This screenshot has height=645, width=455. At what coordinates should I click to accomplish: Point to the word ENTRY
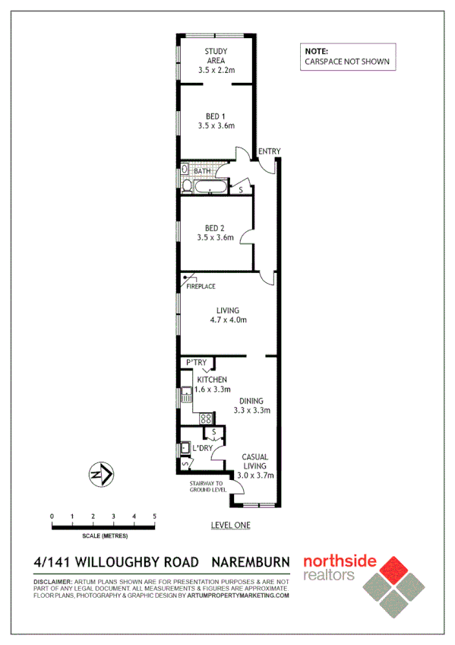coord(269,152)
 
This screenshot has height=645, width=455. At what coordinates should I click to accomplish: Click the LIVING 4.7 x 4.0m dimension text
coord(228,320)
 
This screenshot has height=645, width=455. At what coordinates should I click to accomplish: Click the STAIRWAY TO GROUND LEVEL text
coord(207,487)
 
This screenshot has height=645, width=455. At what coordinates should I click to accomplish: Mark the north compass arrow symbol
coord(102,475)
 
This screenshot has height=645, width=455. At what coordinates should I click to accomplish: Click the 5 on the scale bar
coord(155,516)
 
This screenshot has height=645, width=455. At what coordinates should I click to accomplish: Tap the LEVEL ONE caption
coord(230,526)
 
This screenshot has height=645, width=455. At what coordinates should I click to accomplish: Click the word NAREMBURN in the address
coord(250,563)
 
